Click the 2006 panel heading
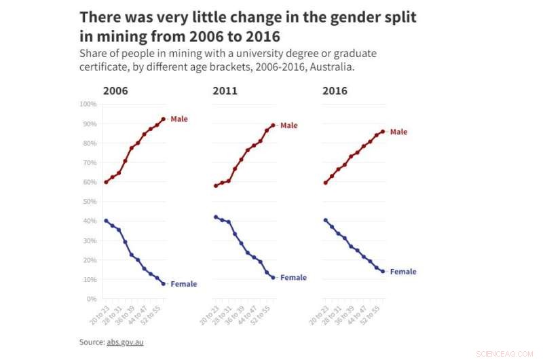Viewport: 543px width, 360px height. pyautogui.click(x=115, y=91)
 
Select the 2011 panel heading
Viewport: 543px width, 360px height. pyautogui.click(x=225, y=91)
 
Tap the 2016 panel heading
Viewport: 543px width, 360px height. pyautogui.click(x=335, y=91)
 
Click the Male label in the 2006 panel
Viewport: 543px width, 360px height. pyautogui.click(x=179, y=120)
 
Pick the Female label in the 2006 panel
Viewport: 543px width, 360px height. pyautogui.click(x=183, y=284)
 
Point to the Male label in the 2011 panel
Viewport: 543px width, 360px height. pyautogui.click(x=288, y=126)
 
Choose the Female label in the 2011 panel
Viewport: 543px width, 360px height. pyautogui.click(x=293, y=278)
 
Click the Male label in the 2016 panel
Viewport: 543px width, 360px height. pyautogui.click(x=398, y=132)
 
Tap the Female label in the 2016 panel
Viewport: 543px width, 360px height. pyautogui.click(x=403, y=272)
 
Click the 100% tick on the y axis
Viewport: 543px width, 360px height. pyautogui.click(x=88, y=104)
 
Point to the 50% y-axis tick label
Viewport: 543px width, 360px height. pyautogui.click(x=90, y=202)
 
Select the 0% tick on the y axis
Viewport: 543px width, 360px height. pyautogui.click(x=92, y=299)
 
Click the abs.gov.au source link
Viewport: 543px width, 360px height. pyautogui.click(x=125, y=342)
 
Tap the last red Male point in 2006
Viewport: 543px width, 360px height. pyautogui.click(x=163, y=119)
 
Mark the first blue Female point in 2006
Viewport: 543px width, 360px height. pyautogui.click(x=106, y=221)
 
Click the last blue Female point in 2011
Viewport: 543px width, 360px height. pyautogui.click(x=273, y=277)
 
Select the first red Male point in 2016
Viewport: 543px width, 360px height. pyautogui.click(x=326, y=182)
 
